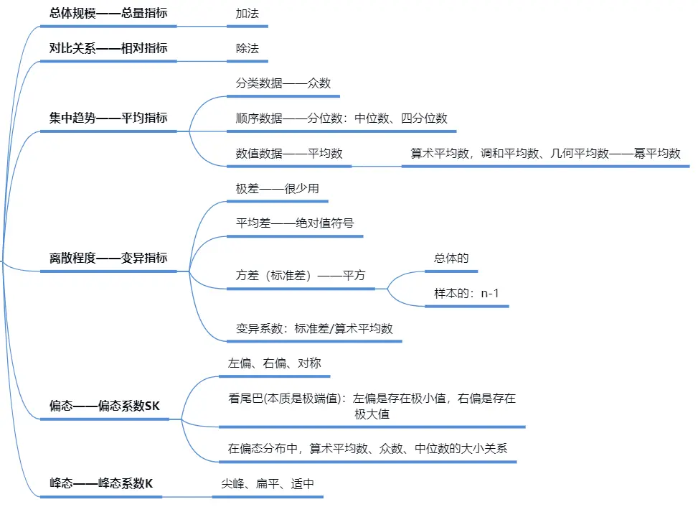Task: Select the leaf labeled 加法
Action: pos(247,13)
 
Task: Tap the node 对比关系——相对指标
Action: pos(108,48)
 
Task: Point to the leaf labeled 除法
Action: pos(247,48)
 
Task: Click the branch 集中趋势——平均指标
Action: pos(108,118)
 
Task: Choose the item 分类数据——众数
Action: pos(283,83)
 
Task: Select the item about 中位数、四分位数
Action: pos(341,118)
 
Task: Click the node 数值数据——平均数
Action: pos(289,153)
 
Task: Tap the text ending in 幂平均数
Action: pos(545,153)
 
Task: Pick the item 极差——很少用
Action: pos(278,188)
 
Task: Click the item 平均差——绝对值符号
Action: pos(295,223)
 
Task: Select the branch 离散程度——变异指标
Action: pos(108,258)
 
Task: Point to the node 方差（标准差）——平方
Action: pos(301,275)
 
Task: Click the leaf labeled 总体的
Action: pos(451,258)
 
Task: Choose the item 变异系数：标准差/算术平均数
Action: pos(314,328)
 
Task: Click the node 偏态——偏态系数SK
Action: pos(105,406)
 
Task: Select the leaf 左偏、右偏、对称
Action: pos(275,363)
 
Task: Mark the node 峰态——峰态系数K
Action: pos(101,483)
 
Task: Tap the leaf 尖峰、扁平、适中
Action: pos(268,483)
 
